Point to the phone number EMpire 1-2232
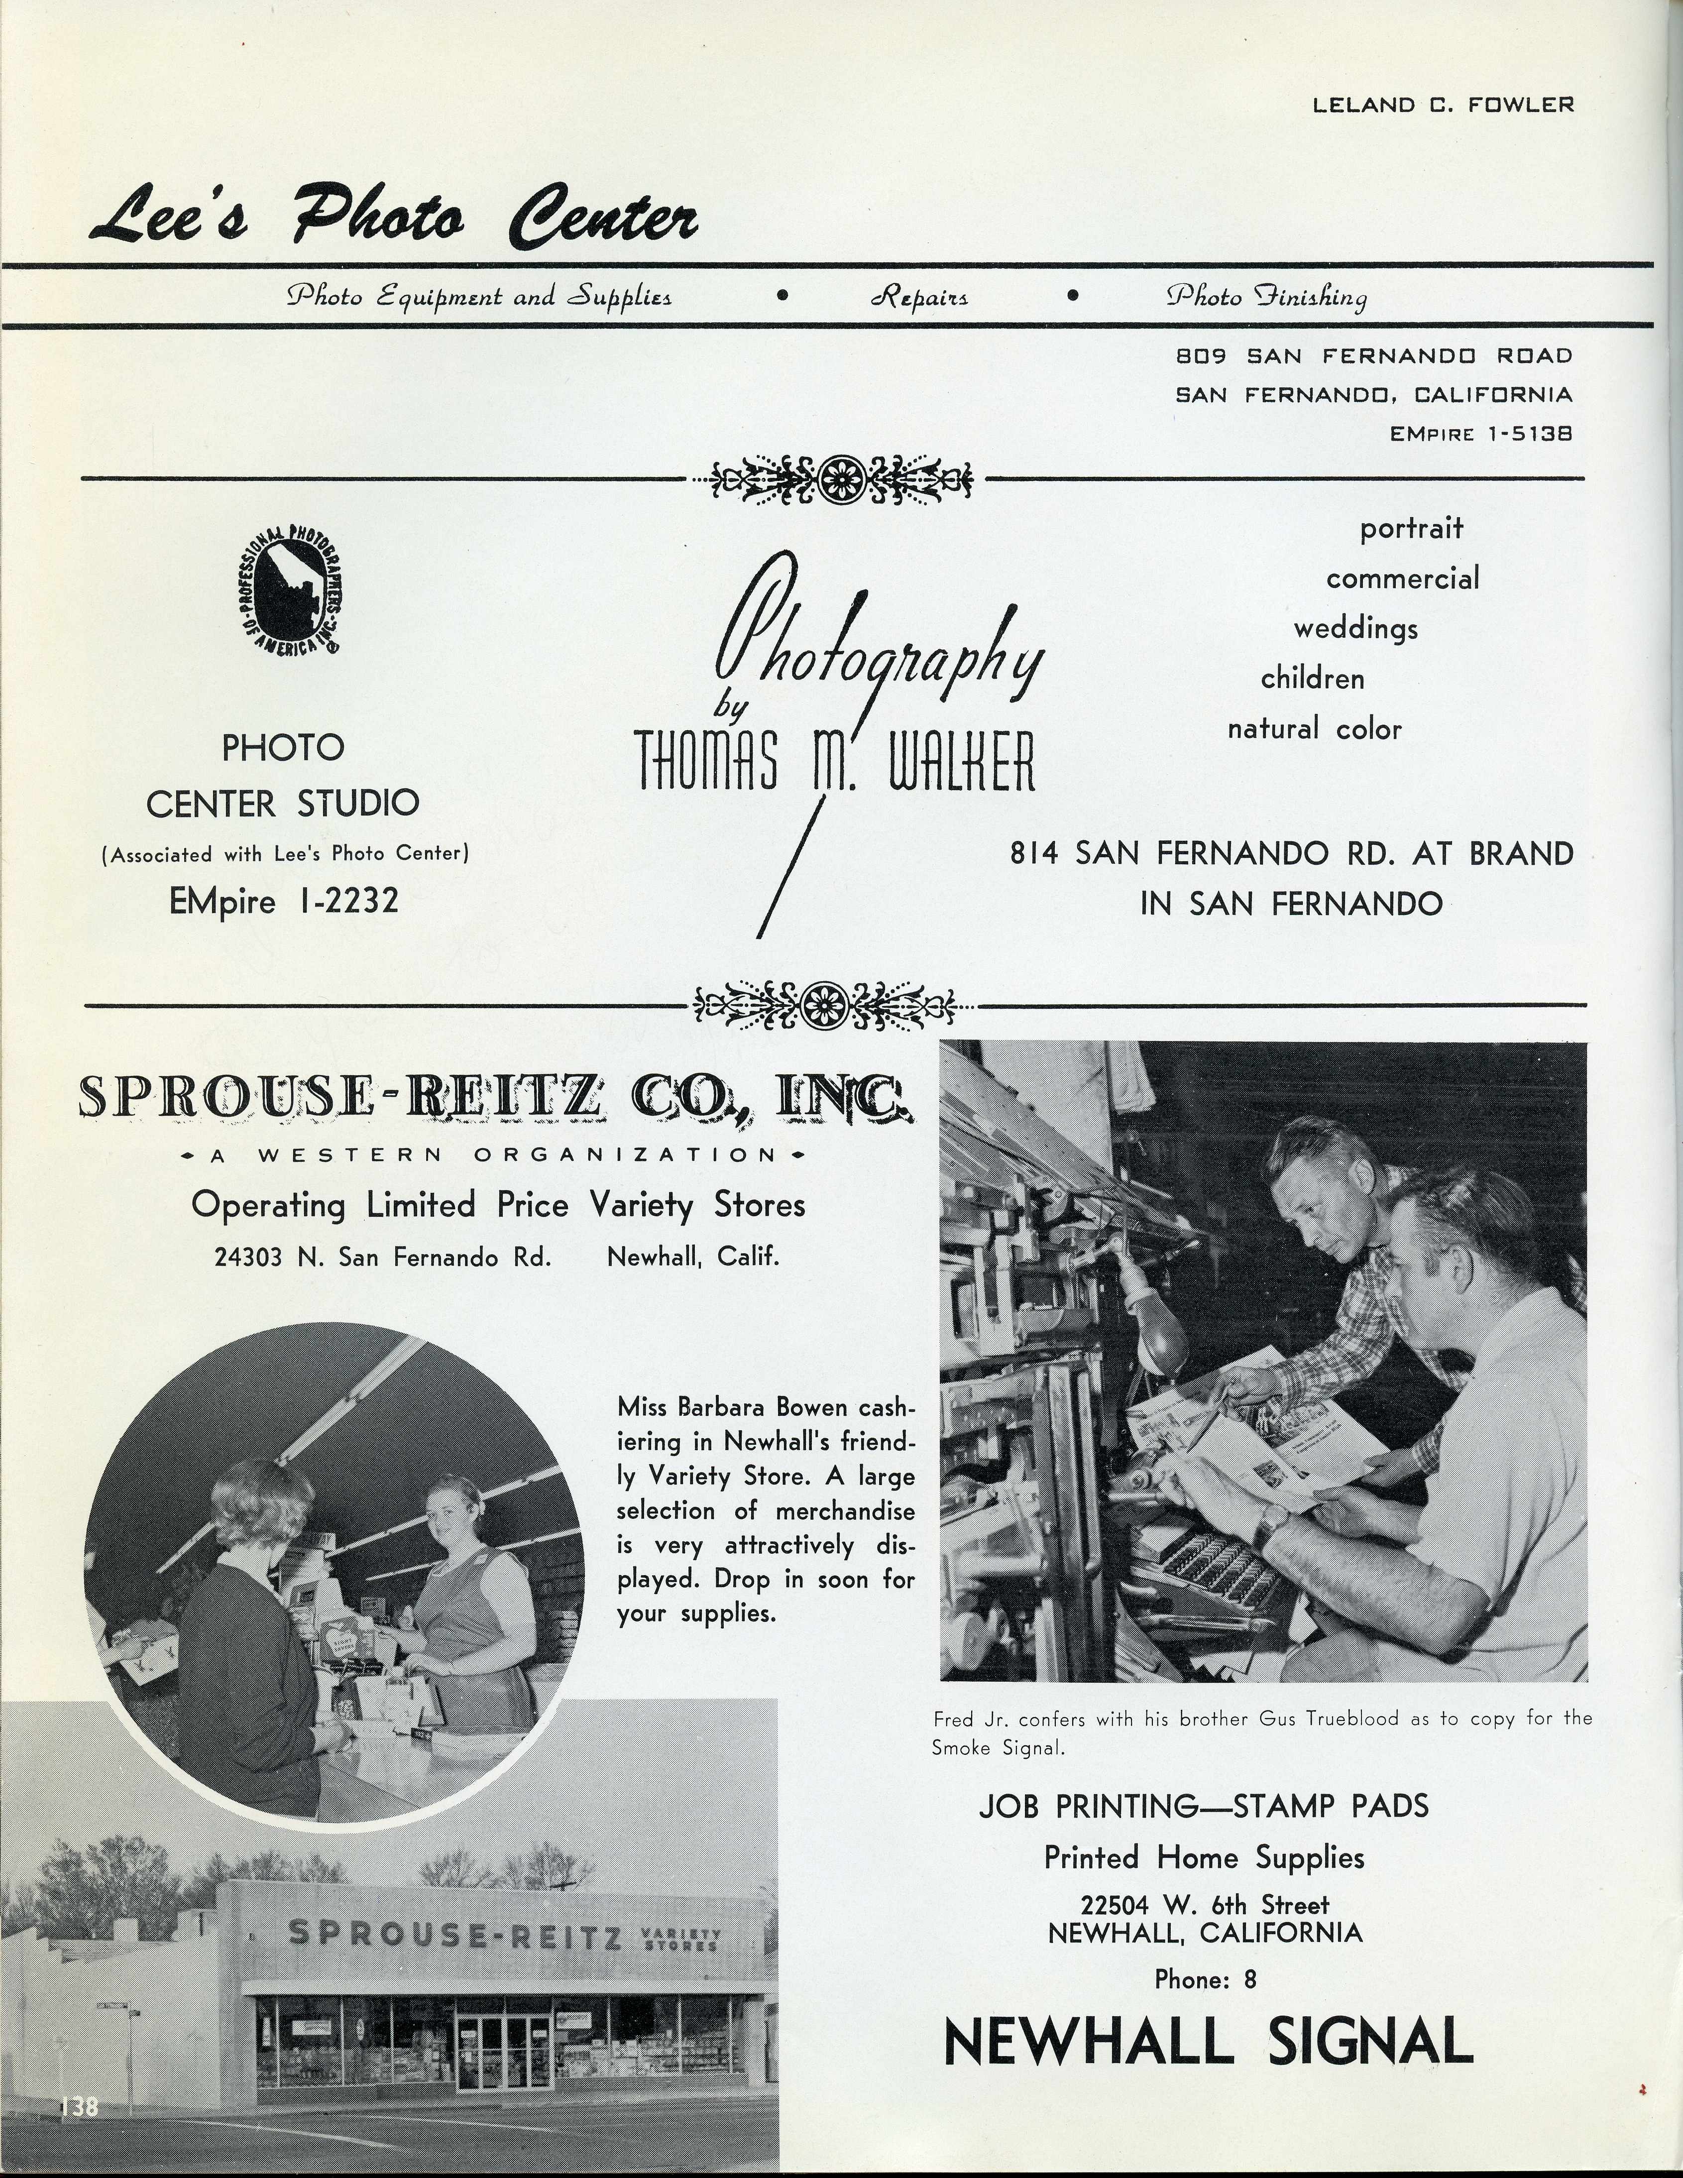click(284, 901)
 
